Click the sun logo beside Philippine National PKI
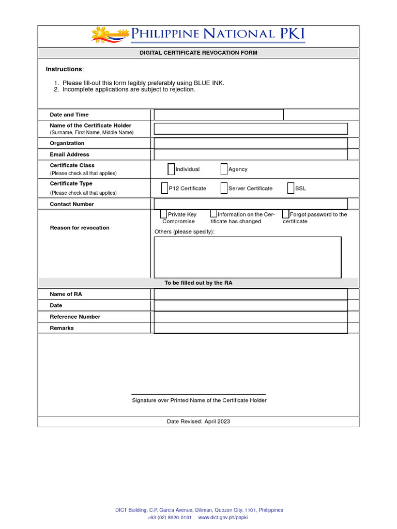[104, 35]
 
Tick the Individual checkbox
[171, 169]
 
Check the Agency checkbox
[224, 169]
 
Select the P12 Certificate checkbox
[164, 188]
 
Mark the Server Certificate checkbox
[224, 188]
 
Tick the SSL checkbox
[291, 188]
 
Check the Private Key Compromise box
[163, 214]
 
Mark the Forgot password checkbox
[285, 214]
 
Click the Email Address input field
[251, 154]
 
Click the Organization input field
[251, 143]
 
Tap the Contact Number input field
[251, 204]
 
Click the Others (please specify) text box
[248, 257]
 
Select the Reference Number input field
[251, 317]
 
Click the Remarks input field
[251, 328]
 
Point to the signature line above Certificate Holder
[198, 394]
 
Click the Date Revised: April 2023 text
[198, 422]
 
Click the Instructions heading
[64, 69]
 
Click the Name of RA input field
[251, 294]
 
